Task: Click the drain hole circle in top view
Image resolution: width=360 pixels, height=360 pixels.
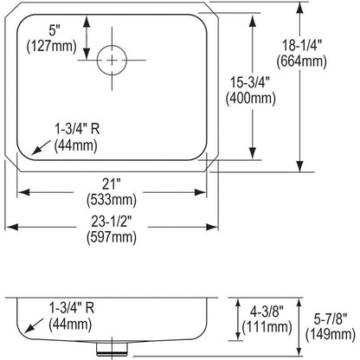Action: point(112,59)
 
